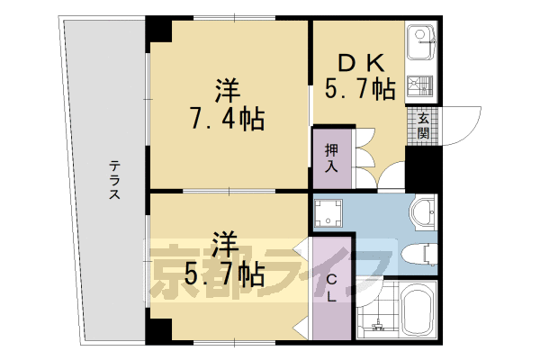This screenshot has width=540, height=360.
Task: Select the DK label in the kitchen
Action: tap(361, 63)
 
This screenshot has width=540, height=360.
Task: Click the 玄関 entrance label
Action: tap(422, 127)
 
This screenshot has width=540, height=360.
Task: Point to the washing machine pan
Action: tap(328, 213)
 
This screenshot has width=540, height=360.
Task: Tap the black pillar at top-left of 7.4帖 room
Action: tap(158, 30)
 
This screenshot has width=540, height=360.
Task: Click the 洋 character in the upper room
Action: tap(227, 91)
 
